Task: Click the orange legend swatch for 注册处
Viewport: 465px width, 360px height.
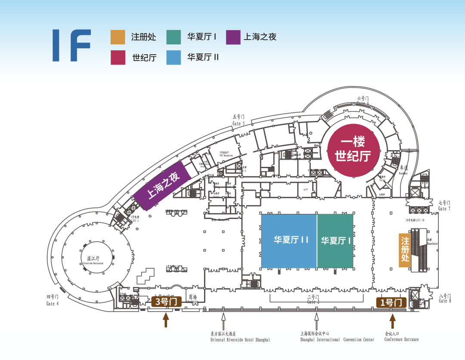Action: (118, 37)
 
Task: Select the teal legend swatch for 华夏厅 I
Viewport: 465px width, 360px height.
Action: (174, 37)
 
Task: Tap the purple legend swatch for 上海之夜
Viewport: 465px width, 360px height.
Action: (233, 37)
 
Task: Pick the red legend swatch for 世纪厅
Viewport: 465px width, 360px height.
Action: (118, 57)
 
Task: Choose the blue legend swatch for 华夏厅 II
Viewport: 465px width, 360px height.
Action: (174, 57)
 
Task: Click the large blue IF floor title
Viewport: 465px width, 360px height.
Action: (71, 45)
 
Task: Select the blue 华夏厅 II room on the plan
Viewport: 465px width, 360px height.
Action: (289, 240)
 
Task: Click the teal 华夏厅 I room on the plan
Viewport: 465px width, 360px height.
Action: (335, 240)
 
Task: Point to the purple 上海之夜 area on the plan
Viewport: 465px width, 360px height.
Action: (162, 186)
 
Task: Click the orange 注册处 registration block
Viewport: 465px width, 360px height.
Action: (404, 250)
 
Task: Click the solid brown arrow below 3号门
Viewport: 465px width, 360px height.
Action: (166, 320)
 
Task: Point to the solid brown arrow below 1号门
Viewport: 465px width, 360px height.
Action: (392, 320)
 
